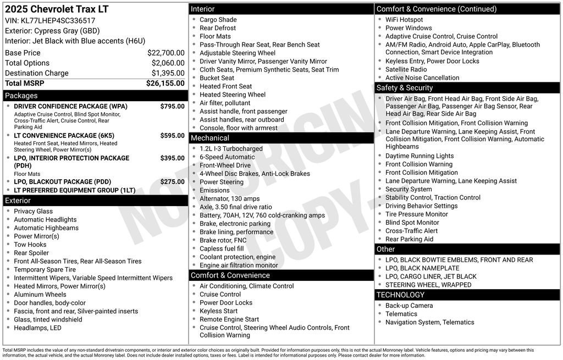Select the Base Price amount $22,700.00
tap(165, 53)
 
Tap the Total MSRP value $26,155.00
tap(165, 83)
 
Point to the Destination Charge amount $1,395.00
tap(168, 73)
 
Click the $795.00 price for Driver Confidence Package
tap(172, 106)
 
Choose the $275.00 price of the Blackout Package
tap(172, 182)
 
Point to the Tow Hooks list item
tap(30, 245)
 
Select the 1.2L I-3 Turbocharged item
tap(231, 148)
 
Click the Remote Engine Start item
tap(229, 319)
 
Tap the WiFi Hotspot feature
tap(404, 20)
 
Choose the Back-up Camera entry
tap(409, 306)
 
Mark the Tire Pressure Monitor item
tap(416, 214)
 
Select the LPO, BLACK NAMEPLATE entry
tap(422, 268)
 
